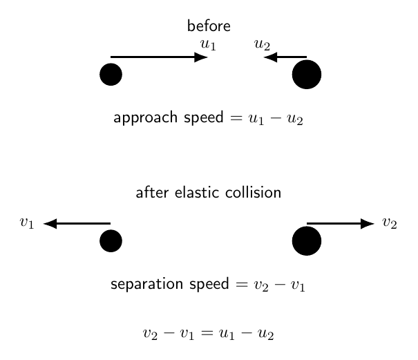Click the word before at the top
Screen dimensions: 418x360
point(209,26)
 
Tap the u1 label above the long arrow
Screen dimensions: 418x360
point(208,45)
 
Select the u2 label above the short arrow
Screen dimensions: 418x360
point(262,45)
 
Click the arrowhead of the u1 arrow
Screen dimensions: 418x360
point(201,57)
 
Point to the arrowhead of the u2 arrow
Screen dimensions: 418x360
point(270,57)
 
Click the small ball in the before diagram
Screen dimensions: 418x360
point(111,75)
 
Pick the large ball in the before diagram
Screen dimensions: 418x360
point(307,75)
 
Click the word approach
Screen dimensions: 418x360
point(146,118)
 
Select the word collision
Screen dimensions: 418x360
point(254,193)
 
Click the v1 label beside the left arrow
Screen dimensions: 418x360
point(27,223)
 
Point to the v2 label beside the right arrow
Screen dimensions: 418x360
point(390,223)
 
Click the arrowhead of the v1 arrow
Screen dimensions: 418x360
point(50,223)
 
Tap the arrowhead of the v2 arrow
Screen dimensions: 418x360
point(368,223)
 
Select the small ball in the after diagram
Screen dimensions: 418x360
point(111,240)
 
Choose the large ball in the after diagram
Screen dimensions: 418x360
point(307,240)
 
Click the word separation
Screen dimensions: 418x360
point(147,284)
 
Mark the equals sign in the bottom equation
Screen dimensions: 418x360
point(207,332)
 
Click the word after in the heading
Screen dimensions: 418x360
point(152,193)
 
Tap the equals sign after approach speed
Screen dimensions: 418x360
point(236,118)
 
